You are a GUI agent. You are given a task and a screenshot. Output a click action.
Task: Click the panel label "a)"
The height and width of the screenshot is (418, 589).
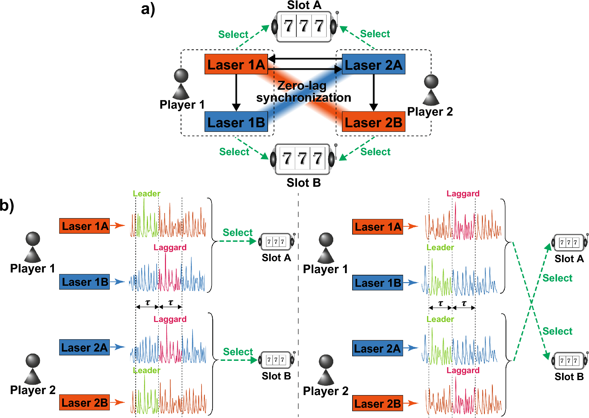148,9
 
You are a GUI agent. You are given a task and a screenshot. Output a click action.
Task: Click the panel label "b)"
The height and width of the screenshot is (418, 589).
7,205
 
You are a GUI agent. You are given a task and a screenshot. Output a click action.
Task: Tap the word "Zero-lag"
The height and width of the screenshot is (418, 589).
302,86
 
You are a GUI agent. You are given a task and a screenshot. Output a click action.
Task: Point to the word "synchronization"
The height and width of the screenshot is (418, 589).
304,98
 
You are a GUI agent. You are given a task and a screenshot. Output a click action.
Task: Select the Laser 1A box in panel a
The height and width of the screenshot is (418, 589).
236,64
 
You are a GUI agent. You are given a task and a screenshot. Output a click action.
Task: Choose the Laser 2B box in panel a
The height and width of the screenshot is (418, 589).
373,122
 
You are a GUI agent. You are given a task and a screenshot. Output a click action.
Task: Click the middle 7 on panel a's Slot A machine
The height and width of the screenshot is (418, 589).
304,26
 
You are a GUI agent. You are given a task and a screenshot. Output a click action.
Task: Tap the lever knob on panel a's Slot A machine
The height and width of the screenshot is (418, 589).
337,13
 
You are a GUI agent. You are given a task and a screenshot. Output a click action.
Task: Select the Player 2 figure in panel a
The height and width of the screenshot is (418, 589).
431,90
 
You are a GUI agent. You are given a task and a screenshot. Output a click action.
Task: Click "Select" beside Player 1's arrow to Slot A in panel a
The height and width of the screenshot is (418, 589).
233,35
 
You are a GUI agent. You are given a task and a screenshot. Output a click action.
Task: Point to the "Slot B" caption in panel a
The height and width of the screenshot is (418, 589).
304,183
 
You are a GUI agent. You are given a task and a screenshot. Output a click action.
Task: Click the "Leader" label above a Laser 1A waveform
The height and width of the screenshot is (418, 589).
146,193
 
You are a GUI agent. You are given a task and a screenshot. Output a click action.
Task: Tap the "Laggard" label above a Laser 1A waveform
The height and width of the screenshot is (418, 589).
463,193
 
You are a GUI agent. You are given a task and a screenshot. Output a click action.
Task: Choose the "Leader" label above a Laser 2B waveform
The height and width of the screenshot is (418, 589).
146,370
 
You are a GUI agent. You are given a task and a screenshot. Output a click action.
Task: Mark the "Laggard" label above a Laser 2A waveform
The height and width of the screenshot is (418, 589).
170,319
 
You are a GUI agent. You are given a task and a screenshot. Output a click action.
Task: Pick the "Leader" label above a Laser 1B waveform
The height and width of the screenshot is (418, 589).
440,248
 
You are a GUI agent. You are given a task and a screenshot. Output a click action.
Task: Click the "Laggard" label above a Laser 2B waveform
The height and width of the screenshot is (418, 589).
463,370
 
